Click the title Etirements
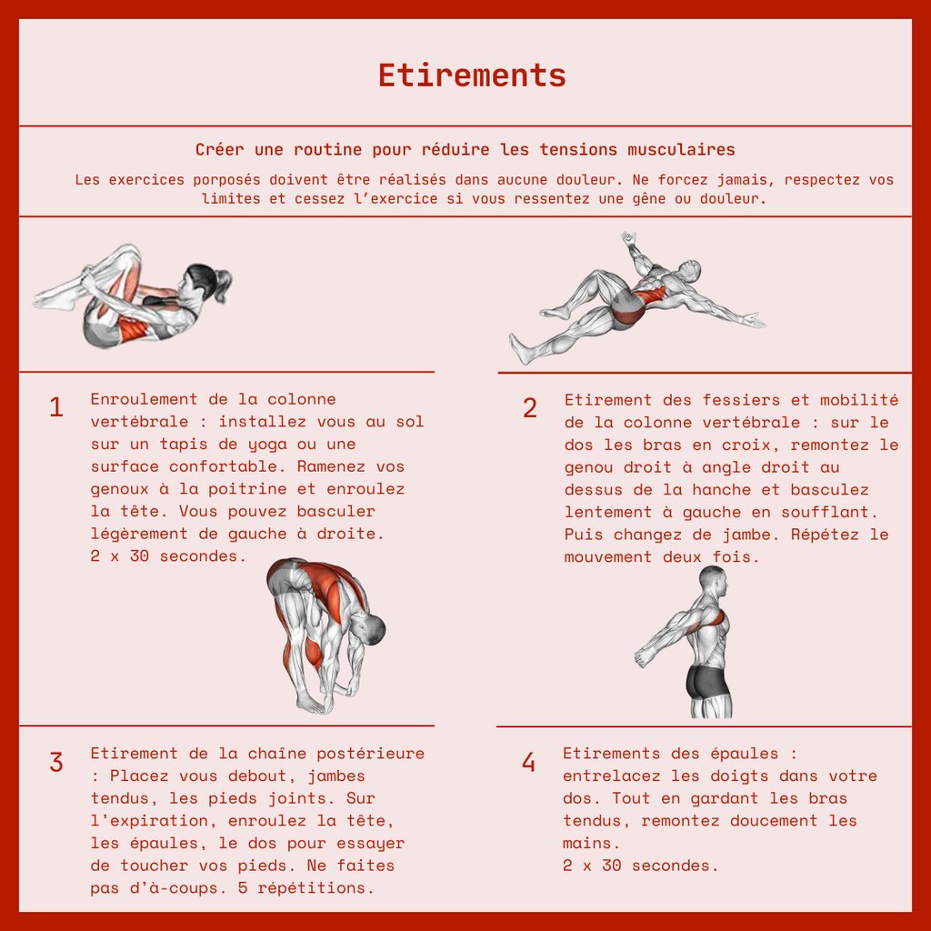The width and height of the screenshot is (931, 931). tap(472, 75)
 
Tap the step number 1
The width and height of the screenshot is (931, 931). tap(55, 407)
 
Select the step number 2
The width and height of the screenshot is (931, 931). tap(530, 408)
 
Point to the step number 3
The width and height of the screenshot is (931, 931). tap(55, 763)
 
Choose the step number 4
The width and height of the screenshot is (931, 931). tap(528, 763)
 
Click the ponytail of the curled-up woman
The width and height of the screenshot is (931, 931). tap(223, 284)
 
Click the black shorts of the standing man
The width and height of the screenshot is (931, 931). tap(709, 682)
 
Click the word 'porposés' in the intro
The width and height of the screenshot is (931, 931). tap(226, 180)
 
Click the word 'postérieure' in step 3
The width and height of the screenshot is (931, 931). tap(371, 754)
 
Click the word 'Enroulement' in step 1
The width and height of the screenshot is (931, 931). tap(144, 399)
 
